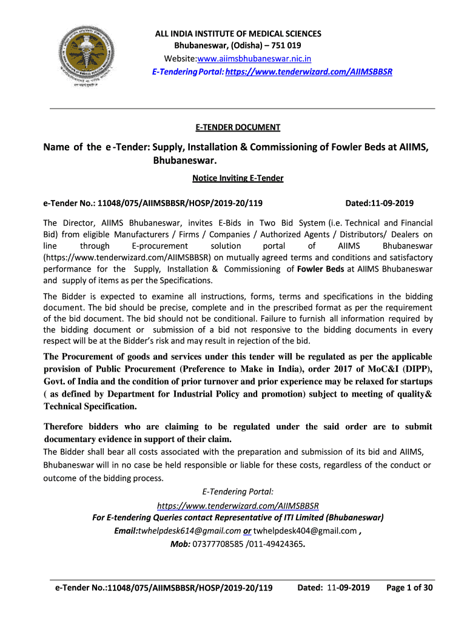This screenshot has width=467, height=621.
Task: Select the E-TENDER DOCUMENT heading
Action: (238, 127)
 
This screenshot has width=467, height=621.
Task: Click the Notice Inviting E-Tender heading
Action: (238, 178)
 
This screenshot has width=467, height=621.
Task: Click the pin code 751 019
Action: (286, 46)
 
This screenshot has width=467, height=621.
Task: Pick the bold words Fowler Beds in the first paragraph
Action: (321, 269)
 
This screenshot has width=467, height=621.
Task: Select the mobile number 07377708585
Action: (217, 544)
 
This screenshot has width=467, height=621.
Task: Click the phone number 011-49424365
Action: (277, 544)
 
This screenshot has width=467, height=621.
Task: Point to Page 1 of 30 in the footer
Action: (409, 587)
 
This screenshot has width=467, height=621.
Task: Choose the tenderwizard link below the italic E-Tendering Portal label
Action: (238, 506)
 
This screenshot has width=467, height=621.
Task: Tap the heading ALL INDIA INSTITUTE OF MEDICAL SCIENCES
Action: (237, 34)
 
